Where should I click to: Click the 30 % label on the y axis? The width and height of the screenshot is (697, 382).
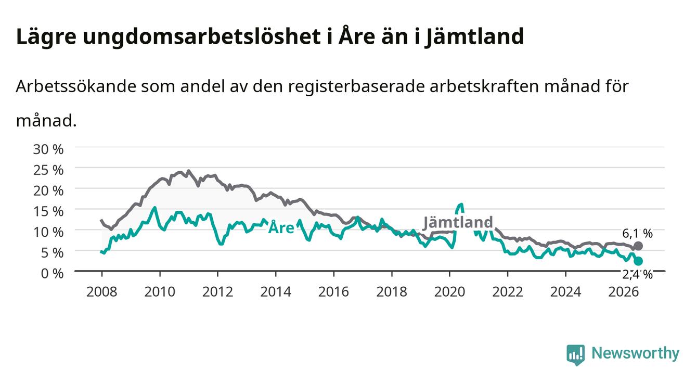point(48,149)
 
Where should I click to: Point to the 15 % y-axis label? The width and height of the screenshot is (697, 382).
point(48,211)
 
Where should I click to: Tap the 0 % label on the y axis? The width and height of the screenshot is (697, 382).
point(52,273)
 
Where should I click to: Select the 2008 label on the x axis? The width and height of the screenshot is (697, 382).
point(102,292)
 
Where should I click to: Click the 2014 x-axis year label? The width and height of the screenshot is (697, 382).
point(276,292)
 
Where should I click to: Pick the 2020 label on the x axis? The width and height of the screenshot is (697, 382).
point(449,292)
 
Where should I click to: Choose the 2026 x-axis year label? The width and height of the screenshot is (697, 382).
point(624,292)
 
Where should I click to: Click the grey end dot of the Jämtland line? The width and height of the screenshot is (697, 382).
point(638,246)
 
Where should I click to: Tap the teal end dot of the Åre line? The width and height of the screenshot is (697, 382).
point(638,261)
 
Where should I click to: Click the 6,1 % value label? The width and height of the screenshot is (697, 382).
point(638,233)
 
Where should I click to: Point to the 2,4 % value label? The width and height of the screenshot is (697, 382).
point(638,274)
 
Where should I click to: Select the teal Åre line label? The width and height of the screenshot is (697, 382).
point(281,227)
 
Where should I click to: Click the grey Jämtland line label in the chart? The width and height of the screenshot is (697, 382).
point(458,222)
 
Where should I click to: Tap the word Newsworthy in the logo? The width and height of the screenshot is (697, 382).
point(636,353)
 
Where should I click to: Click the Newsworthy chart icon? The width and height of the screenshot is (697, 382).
point(576,355)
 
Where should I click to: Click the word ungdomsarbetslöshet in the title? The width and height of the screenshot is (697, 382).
point(202,37)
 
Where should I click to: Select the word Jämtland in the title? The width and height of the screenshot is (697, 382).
point(475,37)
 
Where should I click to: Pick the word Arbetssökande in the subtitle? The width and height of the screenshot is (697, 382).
point(76,86)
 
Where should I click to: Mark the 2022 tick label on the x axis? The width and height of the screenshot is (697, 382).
point(508,292)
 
